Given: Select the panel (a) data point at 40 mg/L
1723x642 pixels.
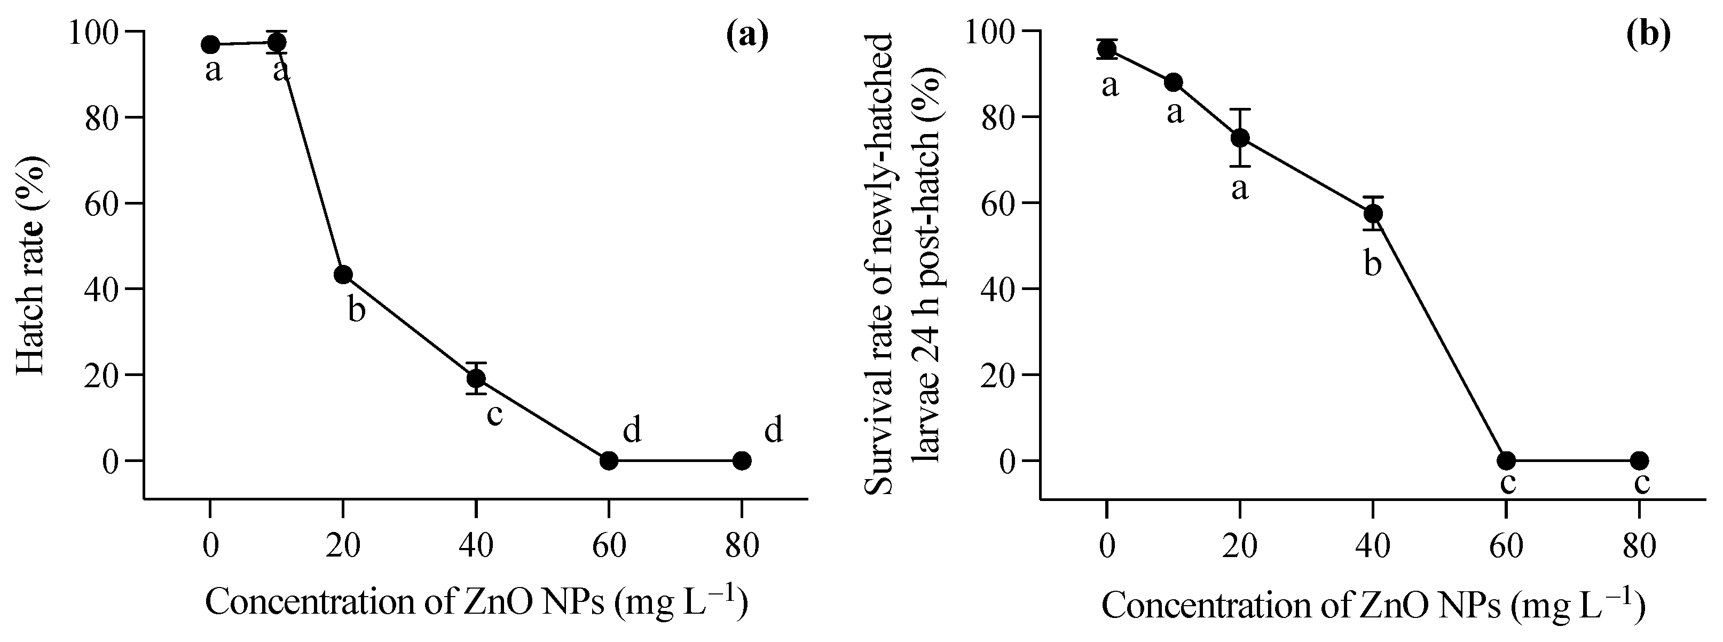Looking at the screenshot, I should coord(476,379).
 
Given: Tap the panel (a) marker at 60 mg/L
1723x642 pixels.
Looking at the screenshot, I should coord(609,460).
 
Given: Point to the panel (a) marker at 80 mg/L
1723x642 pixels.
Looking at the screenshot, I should coord(742,460).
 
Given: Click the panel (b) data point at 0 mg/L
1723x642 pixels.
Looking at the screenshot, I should coord(1107,49).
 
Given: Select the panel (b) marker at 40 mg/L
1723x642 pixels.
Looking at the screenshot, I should coord(1373,213).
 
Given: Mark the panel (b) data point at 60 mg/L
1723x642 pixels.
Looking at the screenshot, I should coord(1506,460).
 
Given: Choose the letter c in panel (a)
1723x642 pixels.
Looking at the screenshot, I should coord(494,414).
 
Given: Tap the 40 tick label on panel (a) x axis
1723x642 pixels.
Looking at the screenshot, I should coord(476,546).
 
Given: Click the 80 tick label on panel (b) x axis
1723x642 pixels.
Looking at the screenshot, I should coord(1639,546).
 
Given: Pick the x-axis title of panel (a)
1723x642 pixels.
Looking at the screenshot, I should coord(476,602).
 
